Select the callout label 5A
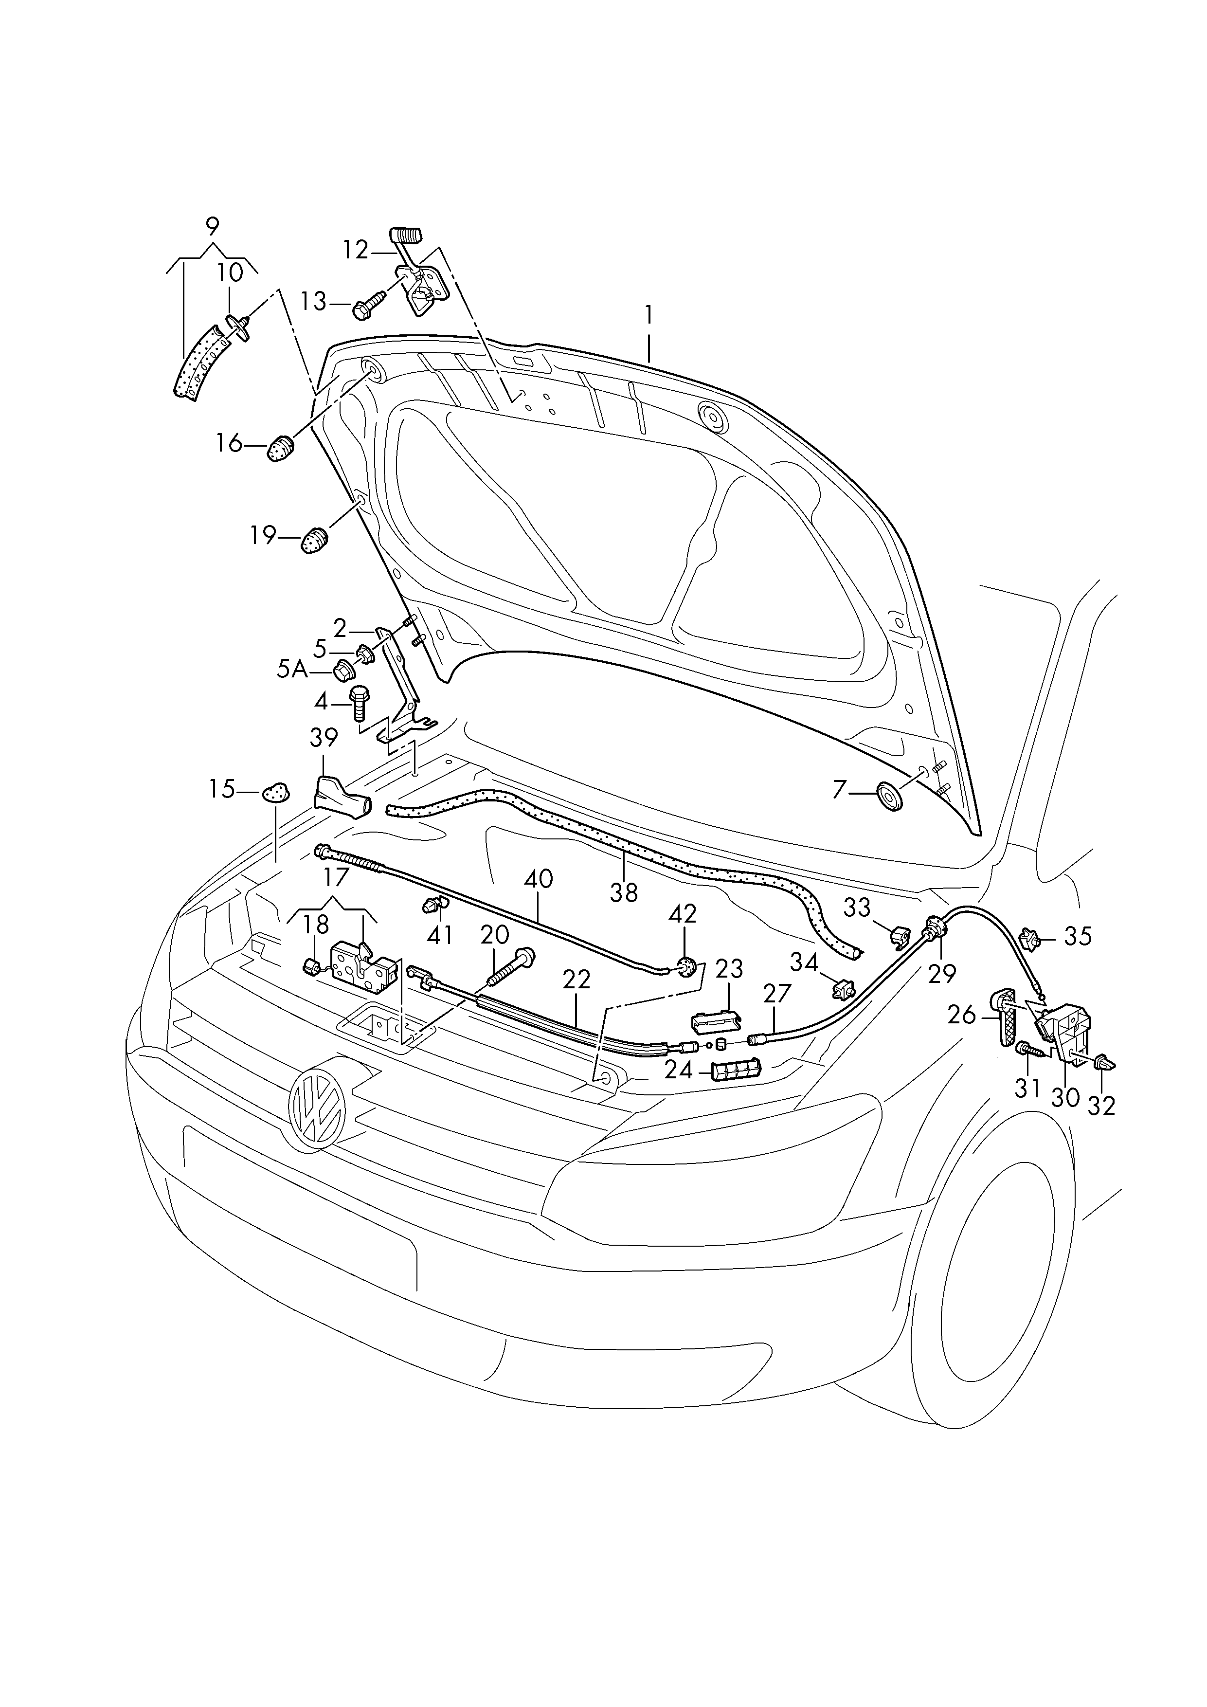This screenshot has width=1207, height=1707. tap(292, 670)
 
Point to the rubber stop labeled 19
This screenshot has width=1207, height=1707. tap(315, 539)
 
